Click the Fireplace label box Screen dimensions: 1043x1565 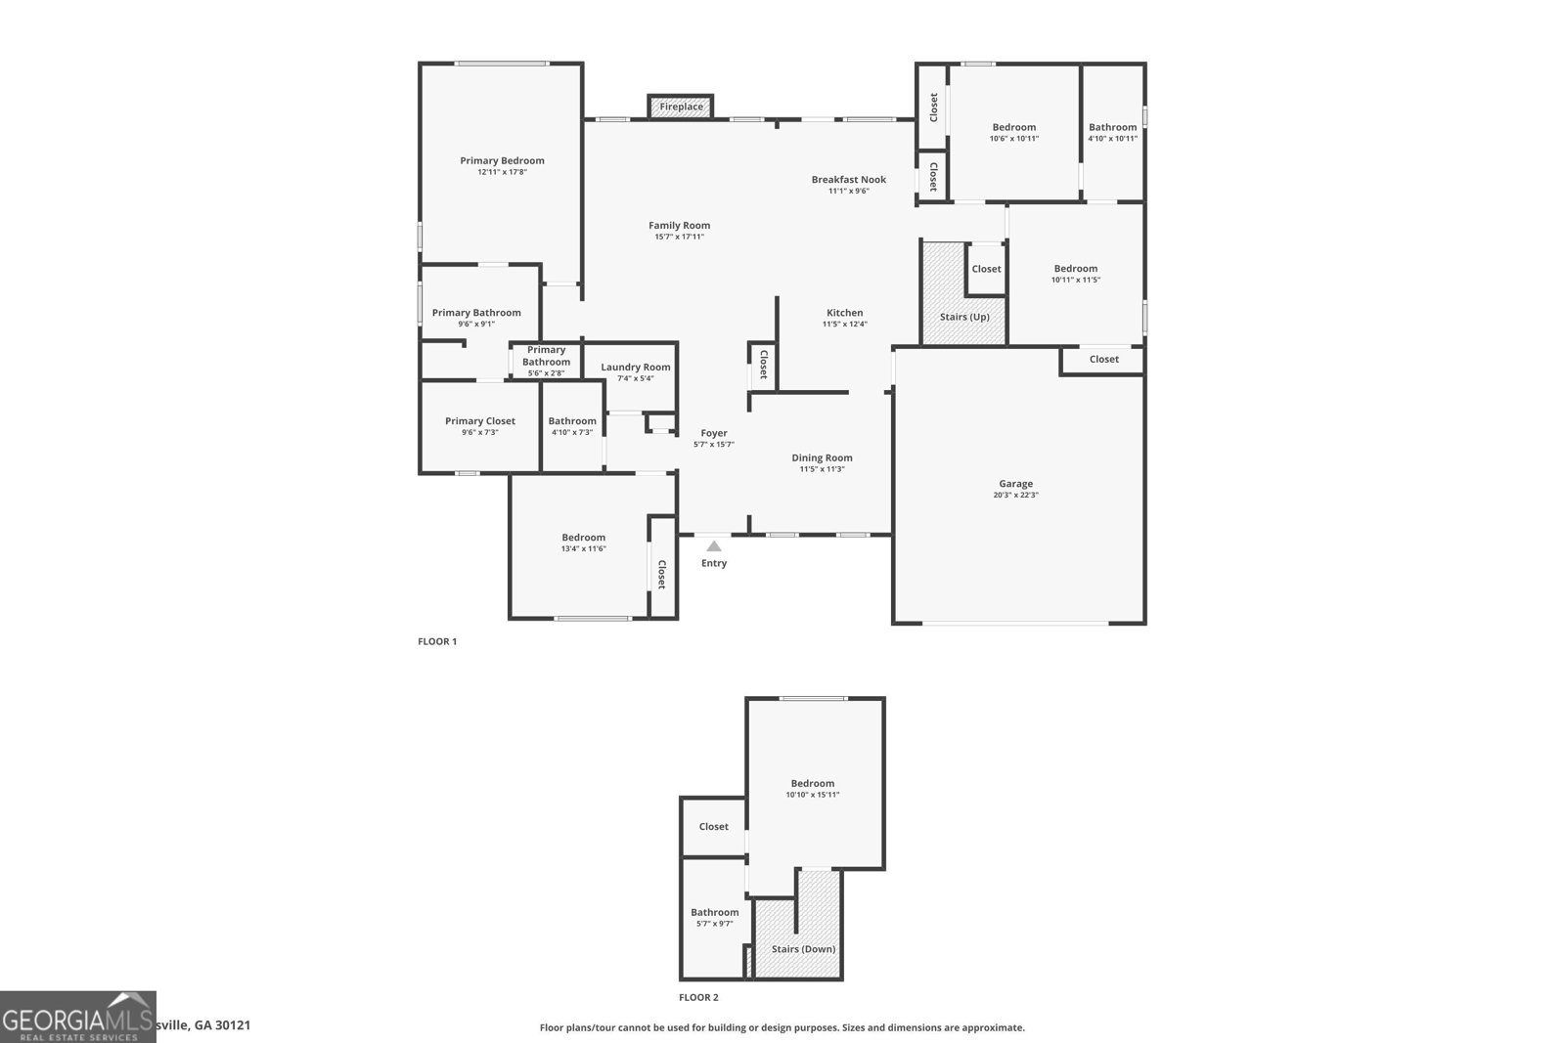click(681, 107)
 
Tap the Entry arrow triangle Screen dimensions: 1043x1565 click(714, 546)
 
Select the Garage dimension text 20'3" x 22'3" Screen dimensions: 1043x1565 click(1015, 495)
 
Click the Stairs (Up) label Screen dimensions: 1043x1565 click(964, 317)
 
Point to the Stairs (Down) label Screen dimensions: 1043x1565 click(803, 949)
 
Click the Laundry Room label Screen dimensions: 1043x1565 click(636, 368)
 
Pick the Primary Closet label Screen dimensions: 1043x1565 click(479, 421)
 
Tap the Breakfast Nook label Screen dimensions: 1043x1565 click(848, 180)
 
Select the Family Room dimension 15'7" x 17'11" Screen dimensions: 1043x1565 click(679, 237)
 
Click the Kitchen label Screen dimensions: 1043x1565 click(844, 313)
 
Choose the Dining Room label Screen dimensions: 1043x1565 click(822, 457)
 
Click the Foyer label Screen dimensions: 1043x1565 click(714, 433)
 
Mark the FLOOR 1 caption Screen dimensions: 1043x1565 click(437, 642)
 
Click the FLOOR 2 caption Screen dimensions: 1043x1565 click(698, 998)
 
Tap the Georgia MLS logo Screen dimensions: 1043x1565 click(77, 1017)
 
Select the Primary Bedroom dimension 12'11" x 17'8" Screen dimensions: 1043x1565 click(502, 172)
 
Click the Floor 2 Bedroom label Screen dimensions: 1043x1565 click(812, 783)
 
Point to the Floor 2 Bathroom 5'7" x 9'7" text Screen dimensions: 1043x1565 click(714, 924)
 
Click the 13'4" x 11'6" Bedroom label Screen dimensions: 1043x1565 click(583, 538)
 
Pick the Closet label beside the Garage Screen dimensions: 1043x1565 click(1103, 360)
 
